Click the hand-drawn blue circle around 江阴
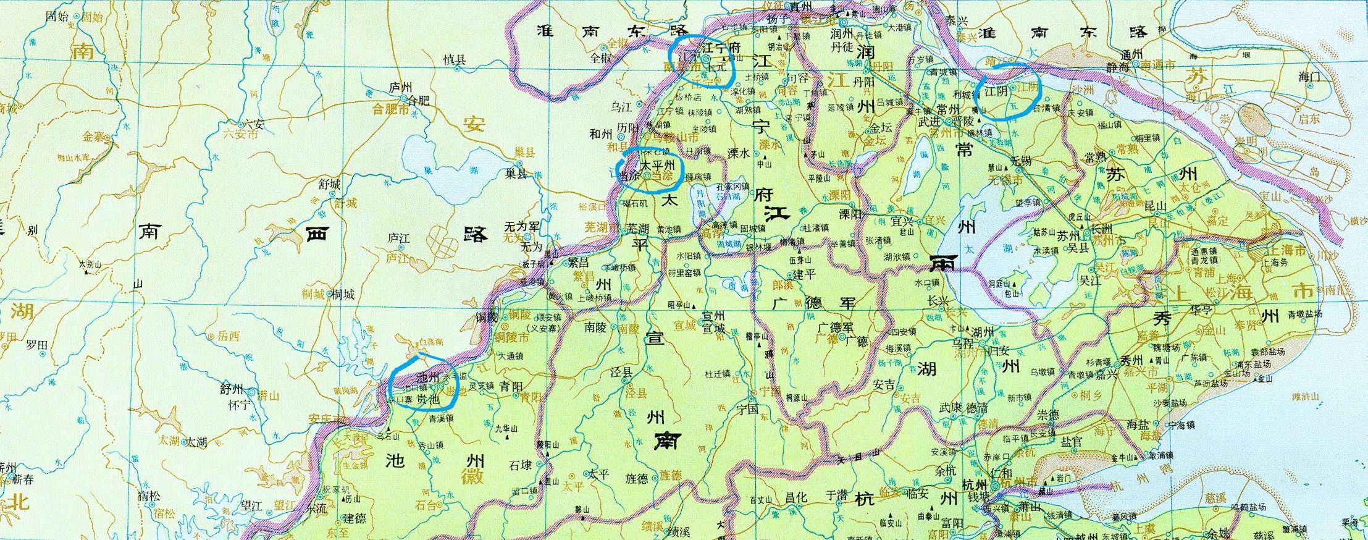tap(1010, 91)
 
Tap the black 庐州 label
tap(400, 88)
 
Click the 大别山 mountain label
tap(90, 264)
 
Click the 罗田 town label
tap(36, 345)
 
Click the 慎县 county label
tap(455, 59)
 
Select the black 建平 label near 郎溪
tap(804, 273)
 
